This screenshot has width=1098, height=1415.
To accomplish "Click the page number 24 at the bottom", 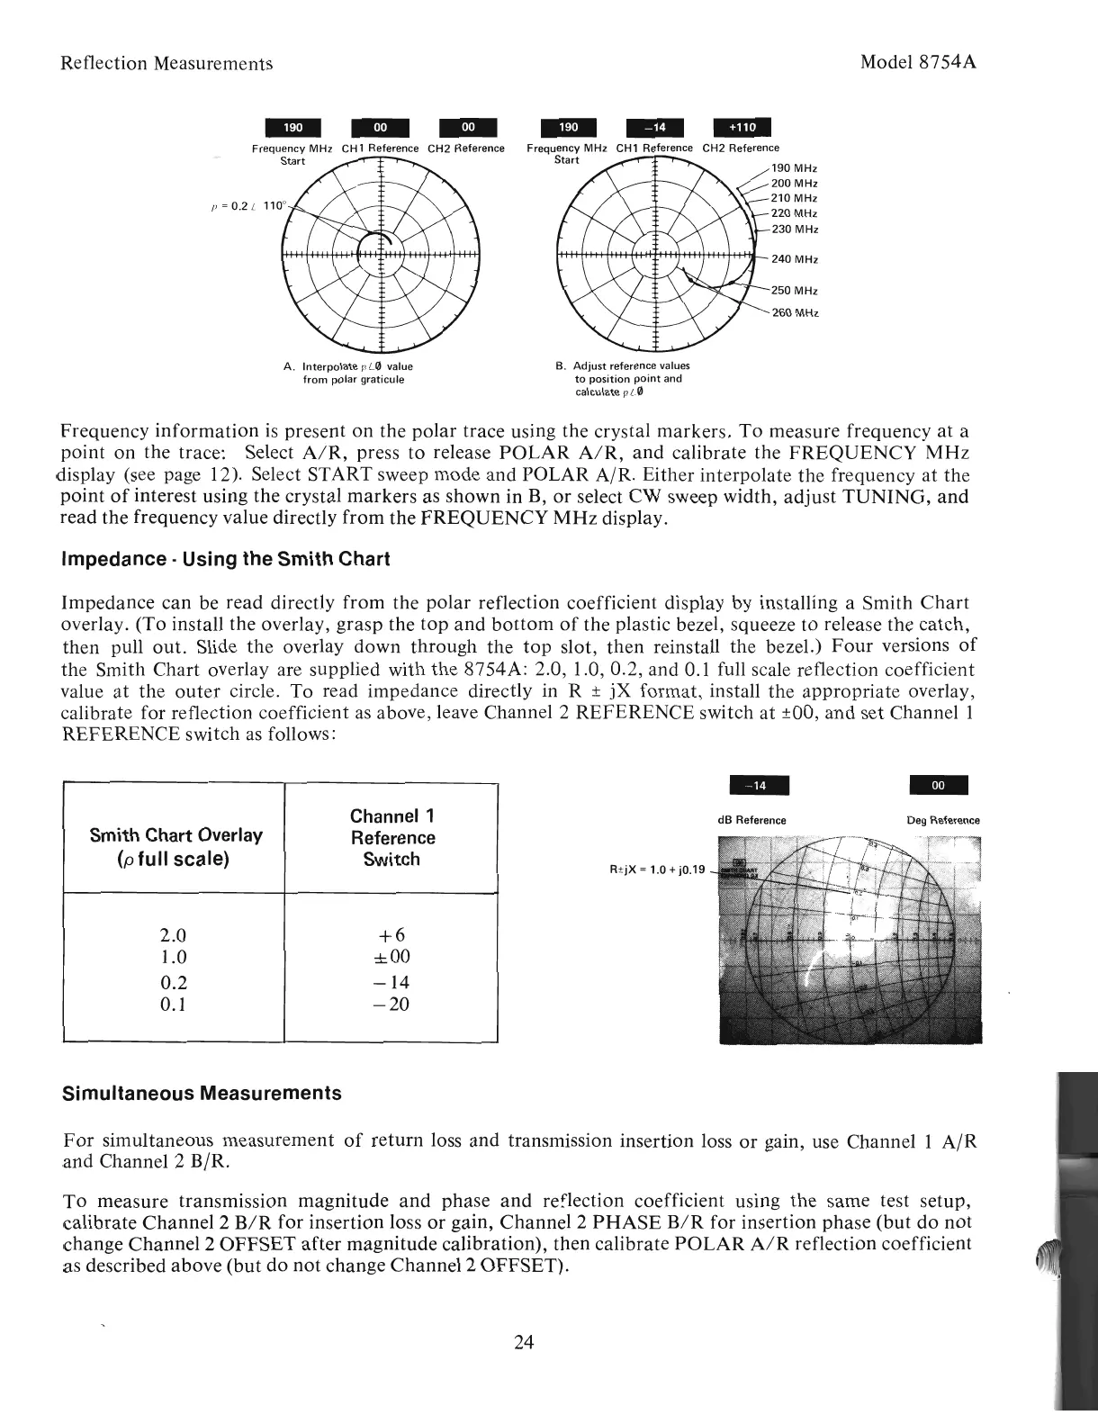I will [524, 1343].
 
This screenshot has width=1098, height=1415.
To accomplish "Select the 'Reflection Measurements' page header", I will [166, 64].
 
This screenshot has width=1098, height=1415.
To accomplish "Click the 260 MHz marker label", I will [795, 312].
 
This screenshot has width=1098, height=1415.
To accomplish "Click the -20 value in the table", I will [391, 1004].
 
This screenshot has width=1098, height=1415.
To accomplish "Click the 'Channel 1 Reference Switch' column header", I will [391, 837].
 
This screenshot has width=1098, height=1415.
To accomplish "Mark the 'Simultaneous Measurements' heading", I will [202, 1094].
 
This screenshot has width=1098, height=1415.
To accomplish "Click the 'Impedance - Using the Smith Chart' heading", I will [224, 559].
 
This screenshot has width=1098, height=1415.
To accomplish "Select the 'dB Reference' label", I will [751, 820].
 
